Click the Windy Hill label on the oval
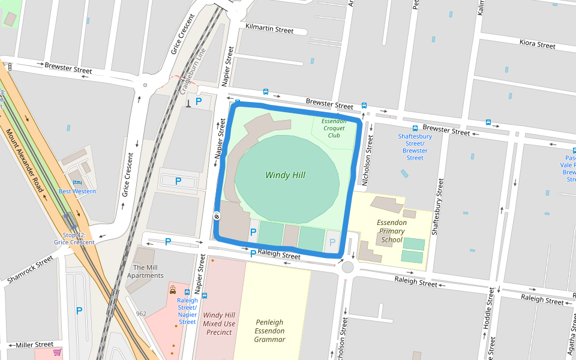point(285,175)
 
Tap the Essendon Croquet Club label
point(334,128)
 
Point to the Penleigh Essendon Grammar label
point(269,331)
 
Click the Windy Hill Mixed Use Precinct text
point(218,323)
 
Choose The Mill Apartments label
point(145,272)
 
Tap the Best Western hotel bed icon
point(76,182)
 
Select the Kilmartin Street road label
point(269,29)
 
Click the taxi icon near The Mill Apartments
point(173,290)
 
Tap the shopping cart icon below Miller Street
point(58,352)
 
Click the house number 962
point(141,314)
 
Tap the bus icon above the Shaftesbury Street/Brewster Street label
point(415,128)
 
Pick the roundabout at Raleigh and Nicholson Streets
point(347,267)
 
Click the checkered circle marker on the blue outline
point(217,216)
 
